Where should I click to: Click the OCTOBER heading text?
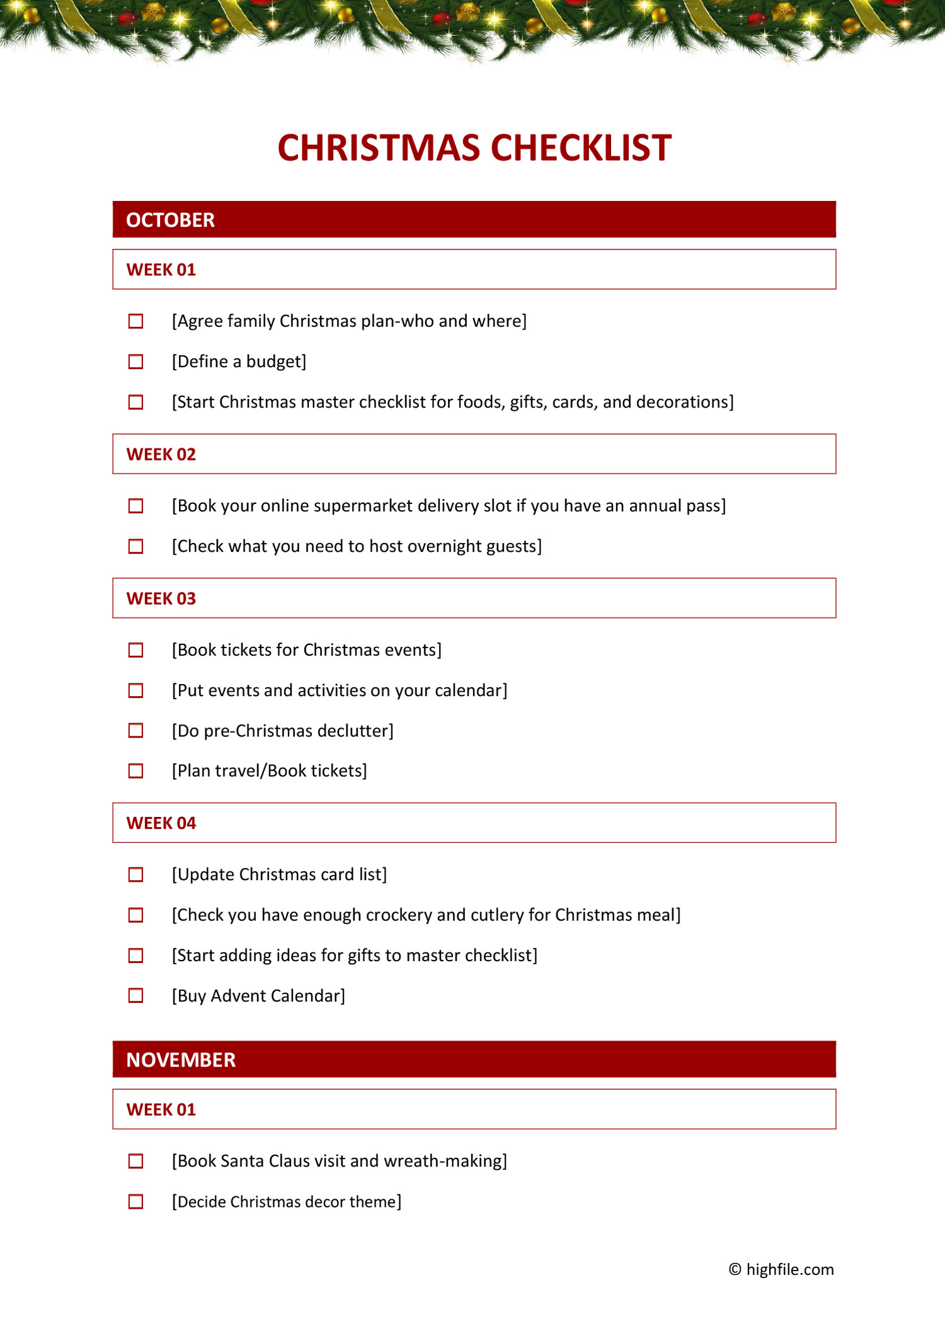pyautogui.click(x=170, y=220)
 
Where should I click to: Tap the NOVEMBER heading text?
pyautogui.click(x=181, y=1059)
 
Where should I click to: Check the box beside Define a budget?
pyautogui.click(x=135, y=362)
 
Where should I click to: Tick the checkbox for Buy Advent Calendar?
pyautogui.click(x=135, y=995)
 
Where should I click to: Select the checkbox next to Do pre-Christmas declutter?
pyautogui.click(x=135, y=731)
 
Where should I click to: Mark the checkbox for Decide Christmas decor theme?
pyautogui.click(x=135, y=1201)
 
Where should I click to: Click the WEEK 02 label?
pyautogui.click(x=161, y=454)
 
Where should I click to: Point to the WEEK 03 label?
pyautogui.click(x=161, y=598)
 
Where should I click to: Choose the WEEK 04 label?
pyautogui.click(x=161, y=823)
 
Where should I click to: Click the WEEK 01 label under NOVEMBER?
pyautogui.click(x=161, y=1109)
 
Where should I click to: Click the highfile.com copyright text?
pyautogui.click(x=781, y=1269)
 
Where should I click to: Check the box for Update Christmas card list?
pyautogui.click(x=135, y=874)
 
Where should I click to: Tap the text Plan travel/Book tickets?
pyautogui.click(x=270, y=771)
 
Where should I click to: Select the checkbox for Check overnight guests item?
pyautogui.click(x=135, y=546)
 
